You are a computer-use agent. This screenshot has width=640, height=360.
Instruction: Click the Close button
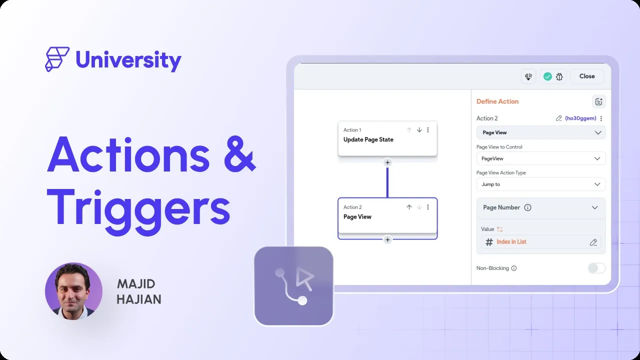[587, 76]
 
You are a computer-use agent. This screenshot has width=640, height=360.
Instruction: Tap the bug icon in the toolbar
[559, 76]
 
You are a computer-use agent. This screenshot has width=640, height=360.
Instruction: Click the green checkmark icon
[547, 76]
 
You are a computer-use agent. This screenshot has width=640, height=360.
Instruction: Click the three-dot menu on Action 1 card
[428, 130]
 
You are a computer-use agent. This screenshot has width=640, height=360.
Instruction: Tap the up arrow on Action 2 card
[409, 207]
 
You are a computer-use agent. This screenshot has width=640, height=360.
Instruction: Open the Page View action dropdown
[540, 132]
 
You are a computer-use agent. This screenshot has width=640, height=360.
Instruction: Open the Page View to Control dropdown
[540, 158]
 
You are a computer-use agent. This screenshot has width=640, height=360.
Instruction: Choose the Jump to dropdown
[540, 184]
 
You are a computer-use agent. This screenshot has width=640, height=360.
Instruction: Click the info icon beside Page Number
[527, 207]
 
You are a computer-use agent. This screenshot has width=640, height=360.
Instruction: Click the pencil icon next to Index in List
[593, 242]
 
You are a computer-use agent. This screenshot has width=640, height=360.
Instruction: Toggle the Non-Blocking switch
[596, 268]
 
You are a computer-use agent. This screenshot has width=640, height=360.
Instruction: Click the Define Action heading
[497, 101]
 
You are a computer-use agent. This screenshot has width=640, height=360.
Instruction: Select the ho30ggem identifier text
[581, 118]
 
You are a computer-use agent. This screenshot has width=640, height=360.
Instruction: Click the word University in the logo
[128, 60]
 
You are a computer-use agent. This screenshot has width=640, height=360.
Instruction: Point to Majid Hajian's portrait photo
[73, 291]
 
